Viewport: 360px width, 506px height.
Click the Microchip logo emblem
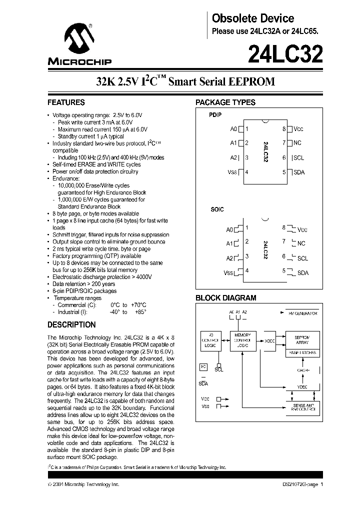(79, 38)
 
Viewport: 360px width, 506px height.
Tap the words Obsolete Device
(253, 18)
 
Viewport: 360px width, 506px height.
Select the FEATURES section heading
(66, 102)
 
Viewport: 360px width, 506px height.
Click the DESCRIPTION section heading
(71, 324)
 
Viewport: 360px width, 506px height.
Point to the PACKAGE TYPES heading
(225, 102)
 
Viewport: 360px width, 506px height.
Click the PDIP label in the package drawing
(215, 114)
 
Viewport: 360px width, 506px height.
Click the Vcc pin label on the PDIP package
(298, 129)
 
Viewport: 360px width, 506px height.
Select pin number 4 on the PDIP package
(246, 172)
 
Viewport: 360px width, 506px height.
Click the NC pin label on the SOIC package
(301, 243)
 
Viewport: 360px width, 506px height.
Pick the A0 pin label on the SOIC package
(229, 230)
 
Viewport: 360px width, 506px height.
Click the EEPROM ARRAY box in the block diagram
(302, 340)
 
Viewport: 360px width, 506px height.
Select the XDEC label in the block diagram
(270, 341)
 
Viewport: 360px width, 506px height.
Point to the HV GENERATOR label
(302, 313)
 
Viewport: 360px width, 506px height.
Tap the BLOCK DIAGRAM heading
(225, 298)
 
